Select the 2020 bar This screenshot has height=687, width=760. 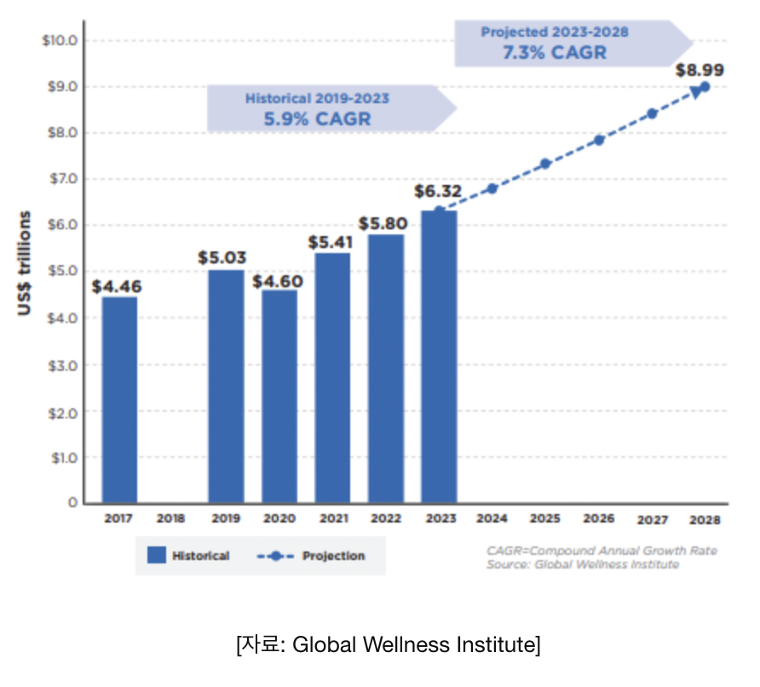(x=279, y=396)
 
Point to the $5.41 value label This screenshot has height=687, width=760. (x=331, y=241)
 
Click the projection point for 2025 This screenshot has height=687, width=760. (x=545, y=164)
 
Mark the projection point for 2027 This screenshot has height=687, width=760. (x=652, y=113)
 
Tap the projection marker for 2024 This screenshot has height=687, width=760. (x=492, y=188)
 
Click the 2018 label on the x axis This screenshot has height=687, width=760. (x=171, y=518)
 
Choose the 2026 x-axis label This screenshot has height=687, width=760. (x=599, y=518)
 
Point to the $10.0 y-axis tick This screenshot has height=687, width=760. (x=60, y=40)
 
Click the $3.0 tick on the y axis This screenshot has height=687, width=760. (x=62, y=365)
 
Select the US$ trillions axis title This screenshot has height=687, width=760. (x=25, y=263)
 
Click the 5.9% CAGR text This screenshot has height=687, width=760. (x=317, y=118)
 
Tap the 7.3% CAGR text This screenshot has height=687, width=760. (x=554, y=52)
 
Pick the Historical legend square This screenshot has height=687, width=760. (x=156, y=556)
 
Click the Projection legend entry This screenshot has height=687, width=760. (x=312, y=556)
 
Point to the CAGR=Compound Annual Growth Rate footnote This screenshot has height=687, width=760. (x=602, y=551)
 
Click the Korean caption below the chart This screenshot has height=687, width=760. (x=388, y=645)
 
